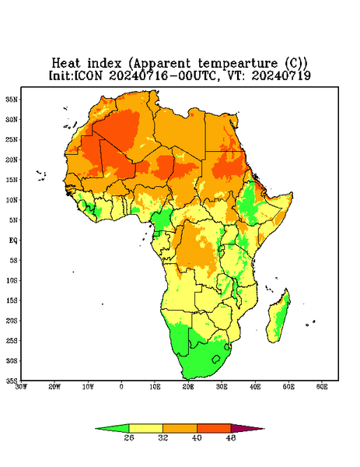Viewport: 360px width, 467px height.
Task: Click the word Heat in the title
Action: pyautogui.click(x=66, y=64)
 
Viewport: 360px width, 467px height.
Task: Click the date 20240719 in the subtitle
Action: pyautogui.click(x=281, y=75)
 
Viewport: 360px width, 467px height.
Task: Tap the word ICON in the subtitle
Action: pyautogui.click(x=89, y=75)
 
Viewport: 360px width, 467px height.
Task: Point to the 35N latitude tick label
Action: pyautogui.click(x=12, y=99)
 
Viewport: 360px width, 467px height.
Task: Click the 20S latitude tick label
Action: pyautogui.click(x=12, y=321)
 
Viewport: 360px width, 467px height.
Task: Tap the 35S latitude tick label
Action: pyautogui.click(x=12, y=381)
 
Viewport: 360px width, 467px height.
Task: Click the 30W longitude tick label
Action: pyautogui.click(x=22, y=387)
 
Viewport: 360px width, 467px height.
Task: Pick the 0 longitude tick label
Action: pyautogui.click(x=121, y=387)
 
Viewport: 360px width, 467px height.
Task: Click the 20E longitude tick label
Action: pyautogui.click(x=188, y=387)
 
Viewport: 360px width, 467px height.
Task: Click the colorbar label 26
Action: pyautogui.click(x=129, y=437)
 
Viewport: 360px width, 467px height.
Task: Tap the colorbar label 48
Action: pyautogui.click(x=231, y=437)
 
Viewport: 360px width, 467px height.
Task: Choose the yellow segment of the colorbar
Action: pyautogui.click(x=145, y=428)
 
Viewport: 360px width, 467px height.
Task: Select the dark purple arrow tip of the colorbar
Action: pyautogui.click(x=247, y=428)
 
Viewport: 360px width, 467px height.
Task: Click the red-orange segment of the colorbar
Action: pyautogui.click(x=214, y=428)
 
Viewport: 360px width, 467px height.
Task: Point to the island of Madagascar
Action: pyautogui.click(x=279, y=318)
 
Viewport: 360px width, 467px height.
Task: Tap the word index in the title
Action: pyautogui.click(x=104, y=64)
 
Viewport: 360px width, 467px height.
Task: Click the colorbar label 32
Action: pyautogui.click(x=163, y=437)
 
